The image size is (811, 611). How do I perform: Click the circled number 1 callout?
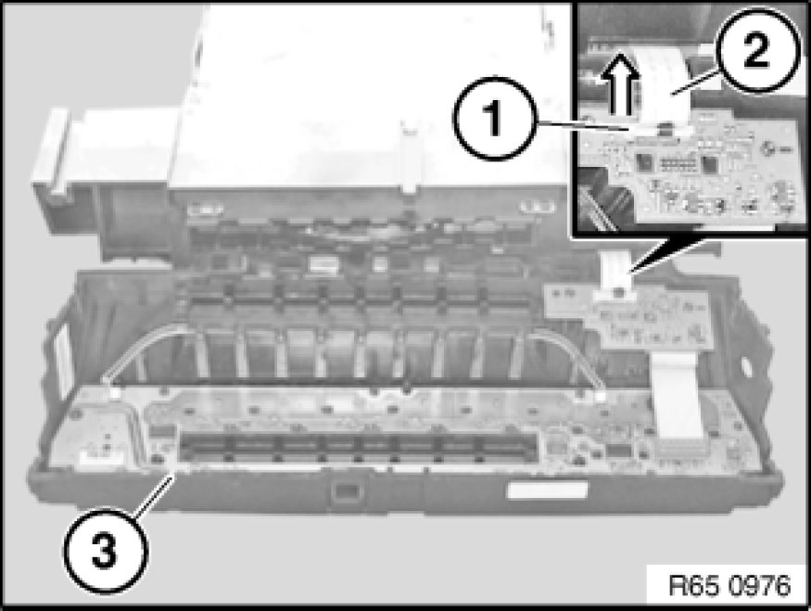pos(493,118)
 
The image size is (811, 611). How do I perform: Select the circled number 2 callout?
pos(756,50)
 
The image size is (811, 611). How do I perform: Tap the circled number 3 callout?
pos(106,551)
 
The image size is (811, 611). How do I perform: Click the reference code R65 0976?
pos(729,586)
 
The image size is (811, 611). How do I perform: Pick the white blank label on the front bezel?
pos(547,490)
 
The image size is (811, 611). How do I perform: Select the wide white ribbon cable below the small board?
pos(677,396)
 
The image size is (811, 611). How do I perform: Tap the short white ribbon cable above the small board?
pos(617,271)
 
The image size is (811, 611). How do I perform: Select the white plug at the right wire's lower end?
pos(600,397)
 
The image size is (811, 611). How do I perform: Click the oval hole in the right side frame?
pos(746,367)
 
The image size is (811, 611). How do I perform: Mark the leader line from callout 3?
pos(154,492)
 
